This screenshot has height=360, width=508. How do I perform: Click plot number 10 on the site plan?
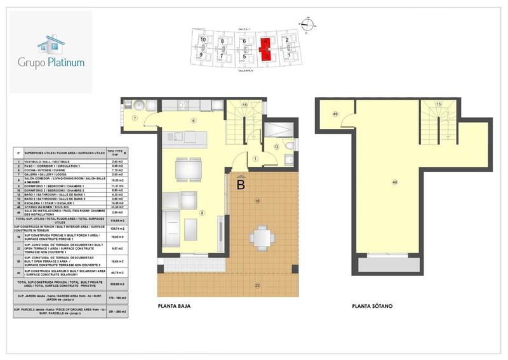203,40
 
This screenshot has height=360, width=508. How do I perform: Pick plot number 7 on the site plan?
222,56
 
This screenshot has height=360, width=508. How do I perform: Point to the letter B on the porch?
241,185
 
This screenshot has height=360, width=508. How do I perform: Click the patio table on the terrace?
262,236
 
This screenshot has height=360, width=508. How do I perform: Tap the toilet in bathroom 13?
289,145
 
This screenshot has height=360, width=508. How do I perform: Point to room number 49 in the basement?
335,114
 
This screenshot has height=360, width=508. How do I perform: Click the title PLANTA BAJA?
174,306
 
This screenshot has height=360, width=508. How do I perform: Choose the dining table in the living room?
184,170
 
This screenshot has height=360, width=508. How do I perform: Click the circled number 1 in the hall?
255,159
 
